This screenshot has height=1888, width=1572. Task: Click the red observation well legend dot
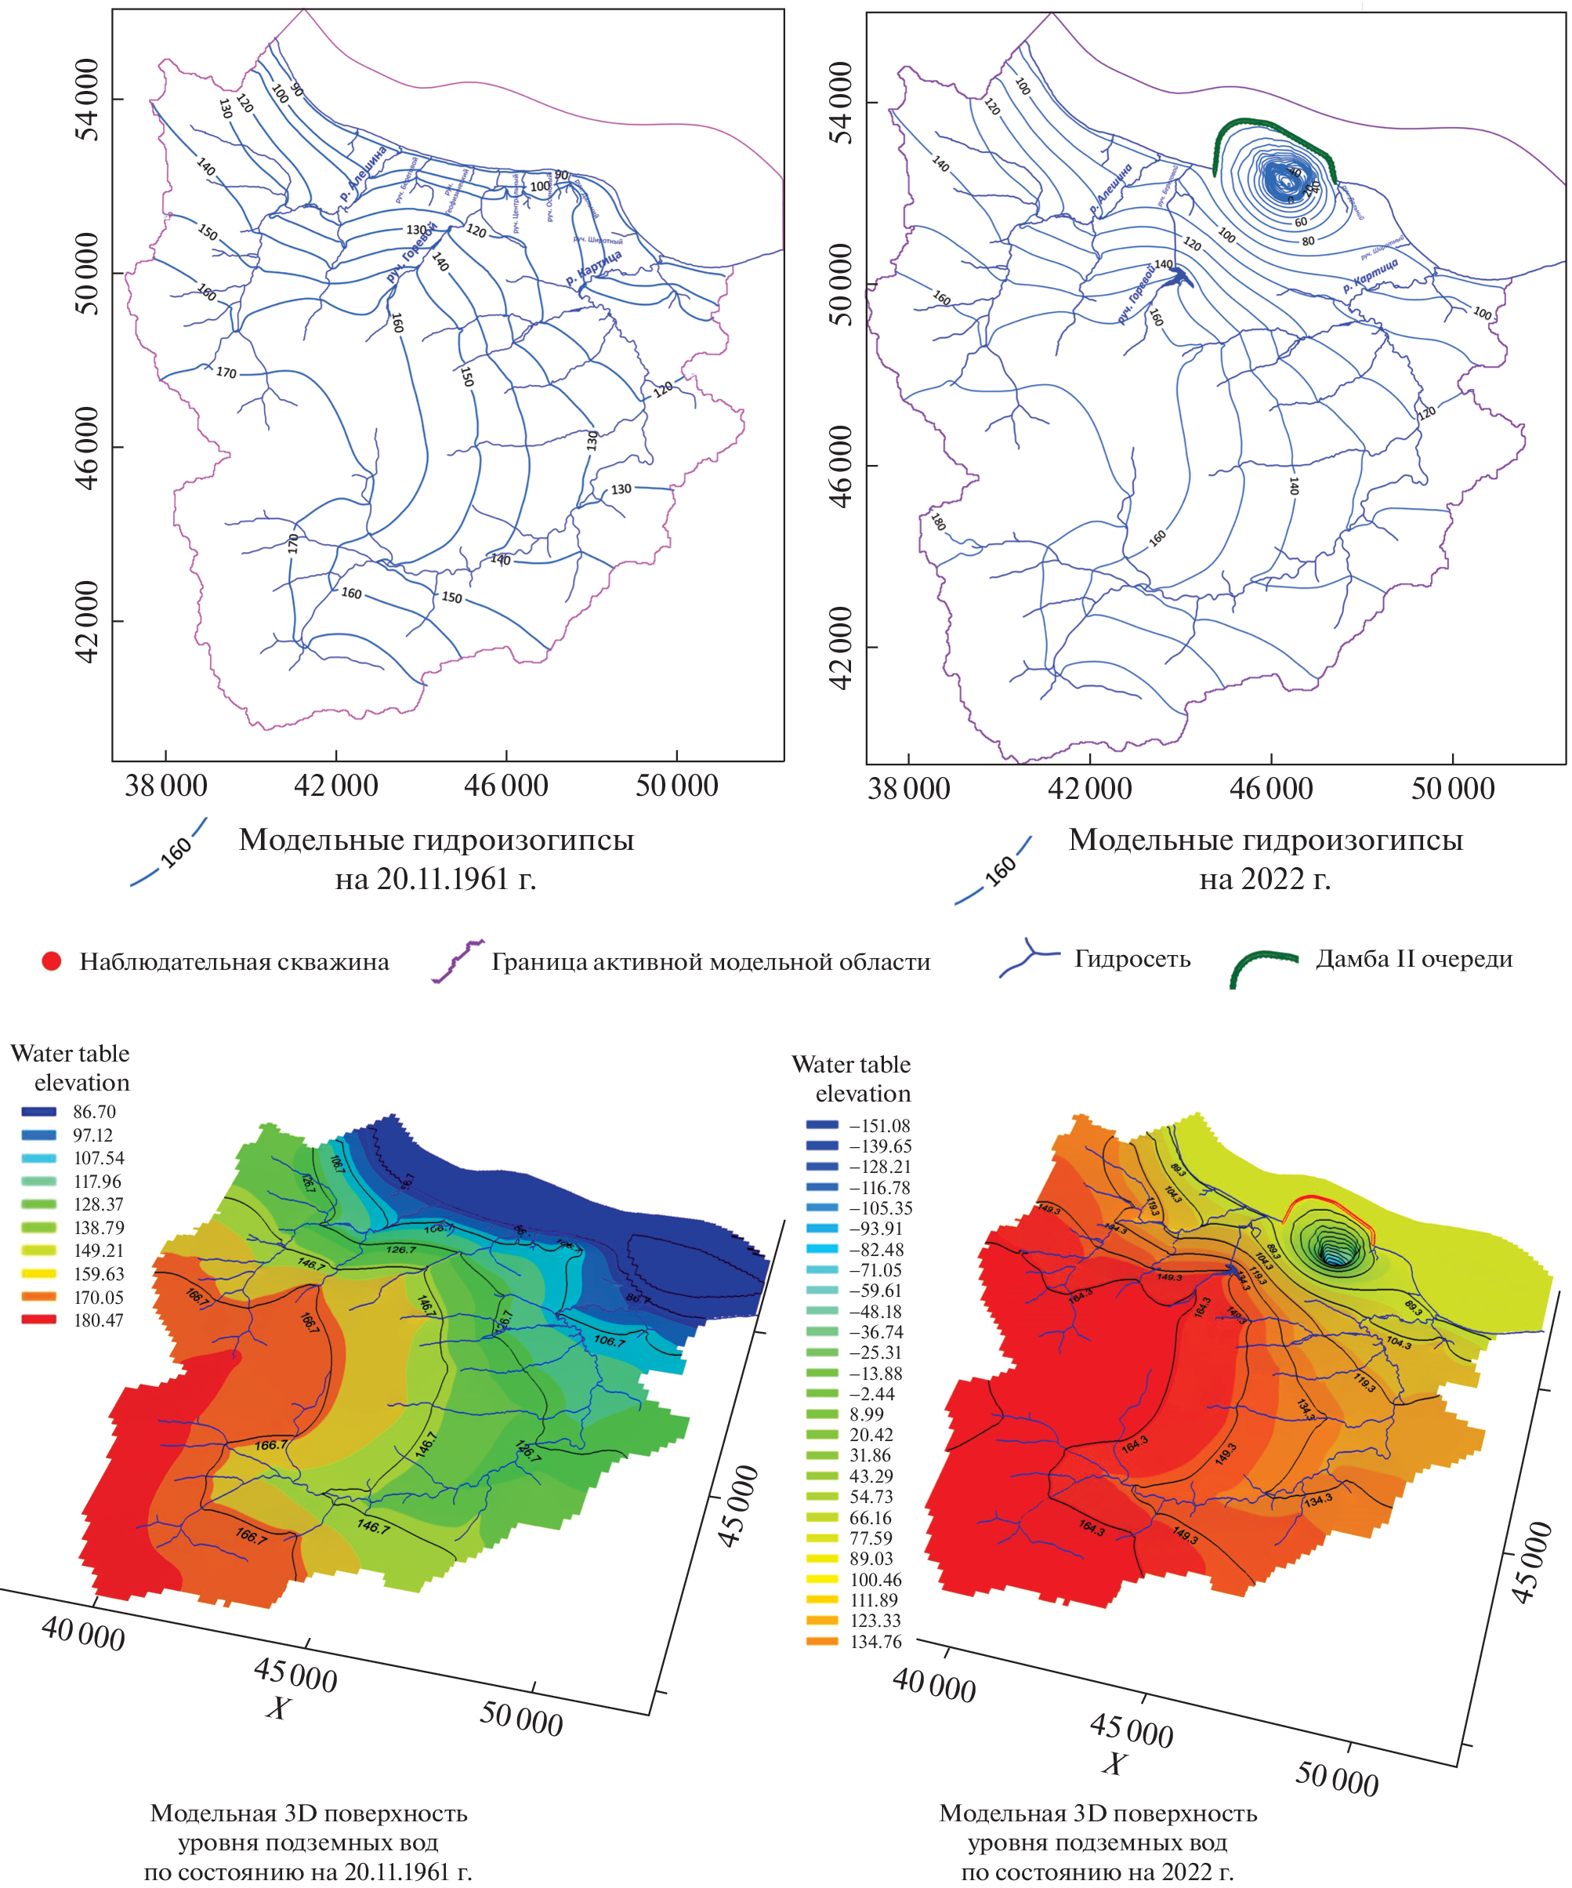[51, 961]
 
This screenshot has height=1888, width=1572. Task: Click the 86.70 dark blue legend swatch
[38, 1112]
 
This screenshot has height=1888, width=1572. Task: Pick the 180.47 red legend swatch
[38, 1320]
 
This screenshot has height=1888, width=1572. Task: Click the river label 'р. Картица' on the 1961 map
[593, 269]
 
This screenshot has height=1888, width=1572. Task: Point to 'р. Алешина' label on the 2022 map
[1111, 189]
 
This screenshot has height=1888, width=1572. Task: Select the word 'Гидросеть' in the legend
[1132, 959]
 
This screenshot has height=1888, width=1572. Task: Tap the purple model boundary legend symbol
[458, 961]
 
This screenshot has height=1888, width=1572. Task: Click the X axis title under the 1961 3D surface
[277, 1708]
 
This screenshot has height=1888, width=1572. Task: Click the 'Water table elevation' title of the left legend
[70, 1068]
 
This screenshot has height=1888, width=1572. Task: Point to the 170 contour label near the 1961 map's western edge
[226, 372]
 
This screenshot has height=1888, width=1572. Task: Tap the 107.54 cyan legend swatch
[38, 1158]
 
